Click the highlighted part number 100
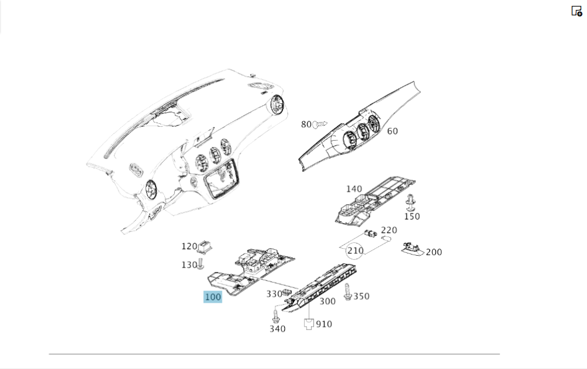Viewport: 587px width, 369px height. pyautogui.click(x=212, y=297)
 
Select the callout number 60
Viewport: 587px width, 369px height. pyautogui.click(x=392, y=131)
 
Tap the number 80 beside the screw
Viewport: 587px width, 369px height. pyautogui.click(x=306, y=124)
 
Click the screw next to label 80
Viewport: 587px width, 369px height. pyautogui.click(x=320, y=124)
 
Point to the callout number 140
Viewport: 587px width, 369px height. pyautogui.click(x=354, y=189)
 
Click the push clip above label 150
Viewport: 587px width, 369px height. pyautogui.click(x=410, y=202)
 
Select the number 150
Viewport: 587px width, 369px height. pyautogui.click(x=412, y=216)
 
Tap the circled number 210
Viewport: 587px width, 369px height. pyautogui.click(x=355, y=250)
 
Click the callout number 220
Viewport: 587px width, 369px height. pyautogui.click(x=389, y=230)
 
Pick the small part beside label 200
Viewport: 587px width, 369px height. pyautogui.click(x=412, y=249)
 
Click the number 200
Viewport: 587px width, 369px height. pyautogui.click(x=434, y=252)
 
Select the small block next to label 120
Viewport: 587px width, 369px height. pyautogui.click(x=204, y=246)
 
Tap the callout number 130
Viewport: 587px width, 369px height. pyautogui.click(x=189, y=265)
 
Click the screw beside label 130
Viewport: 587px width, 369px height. pyautogui.click(x=201, y=263)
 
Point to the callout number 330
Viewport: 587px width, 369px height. pyautogui.click(x=274, y=294)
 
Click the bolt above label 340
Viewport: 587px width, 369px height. pyautogui.click(x=276, y=315)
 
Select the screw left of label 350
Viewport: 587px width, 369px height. pyautogui.click(x=348, y=292)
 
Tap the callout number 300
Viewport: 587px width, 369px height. pyautogui.click(x=328, y=302)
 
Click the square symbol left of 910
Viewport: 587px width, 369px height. pyautogui.click(x=309, y=324)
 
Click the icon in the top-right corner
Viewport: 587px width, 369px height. pyautogui.click(x=576, y=11)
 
